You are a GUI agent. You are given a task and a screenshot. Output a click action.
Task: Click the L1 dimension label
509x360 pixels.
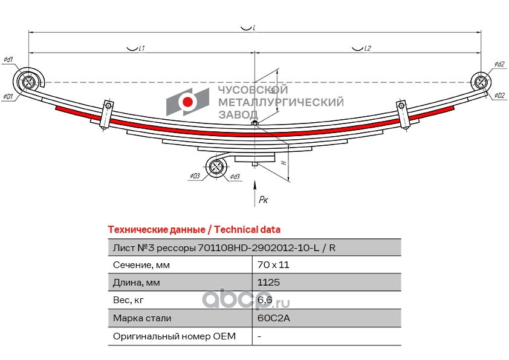(141, 48)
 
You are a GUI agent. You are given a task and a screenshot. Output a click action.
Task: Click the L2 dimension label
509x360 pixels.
(367, 48)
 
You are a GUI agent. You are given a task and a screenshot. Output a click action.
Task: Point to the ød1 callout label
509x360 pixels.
(8, 59)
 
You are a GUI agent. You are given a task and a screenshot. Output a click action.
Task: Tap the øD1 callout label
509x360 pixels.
(8, 96)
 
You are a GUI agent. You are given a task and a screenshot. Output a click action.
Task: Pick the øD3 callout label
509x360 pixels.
(195, 176)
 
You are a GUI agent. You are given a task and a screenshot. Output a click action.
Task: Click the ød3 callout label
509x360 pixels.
(235, 177)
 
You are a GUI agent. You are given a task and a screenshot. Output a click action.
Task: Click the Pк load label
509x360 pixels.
(263, 200)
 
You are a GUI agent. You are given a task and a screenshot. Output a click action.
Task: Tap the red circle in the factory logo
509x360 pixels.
(187, 102)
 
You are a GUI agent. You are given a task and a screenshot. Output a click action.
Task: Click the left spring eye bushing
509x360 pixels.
(27, 82)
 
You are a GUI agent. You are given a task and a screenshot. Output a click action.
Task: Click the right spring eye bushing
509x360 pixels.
(481, 82)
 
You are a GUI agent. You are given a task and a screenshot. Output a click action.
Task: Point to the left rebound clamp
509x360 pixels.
(106, 115)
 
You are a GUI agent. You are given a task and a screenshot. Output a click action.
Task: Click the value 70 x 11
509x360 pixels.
(273, 265)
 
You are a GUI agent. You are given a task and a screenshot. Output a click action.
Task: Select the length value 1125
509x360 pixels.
(268, 282)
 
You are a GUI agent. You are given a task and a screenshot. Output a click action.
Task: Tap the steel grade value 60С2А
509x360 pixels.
(273, 318)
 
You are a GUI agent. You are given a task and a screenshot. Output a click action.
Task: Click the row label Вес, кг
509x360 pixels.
(128, 300)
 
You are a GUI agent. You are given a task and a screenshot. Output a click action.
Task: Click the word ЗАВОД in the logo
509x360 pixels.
(238, 114)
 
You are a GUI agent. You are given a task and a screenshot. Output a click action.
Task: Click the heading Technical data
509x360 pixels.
(247, 229)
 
